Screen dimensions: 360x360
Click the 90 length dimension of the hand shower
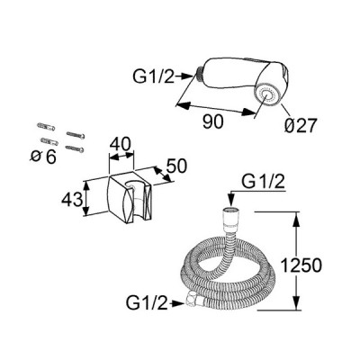pos(213,121)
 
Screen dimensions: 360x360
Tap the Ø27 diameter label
pos(301,125)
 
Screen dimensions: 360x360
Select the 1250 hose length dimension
pos(301,265)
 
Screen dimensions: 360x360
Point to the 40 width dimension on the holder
pos(121,145)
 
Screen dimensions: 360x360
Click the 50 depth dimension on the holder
pos(176,166)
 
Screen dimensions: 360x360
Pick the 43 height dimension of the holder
pos(72,199)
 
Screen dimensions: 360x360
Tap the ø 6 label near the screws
pos(44,157)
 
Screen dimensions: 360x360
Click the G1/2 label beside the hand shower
pos(153,76)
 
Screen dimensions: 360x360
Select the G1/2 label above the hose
pos(263,182)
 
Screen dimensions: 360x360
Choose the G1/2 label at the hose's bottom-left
pos(147,303)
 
